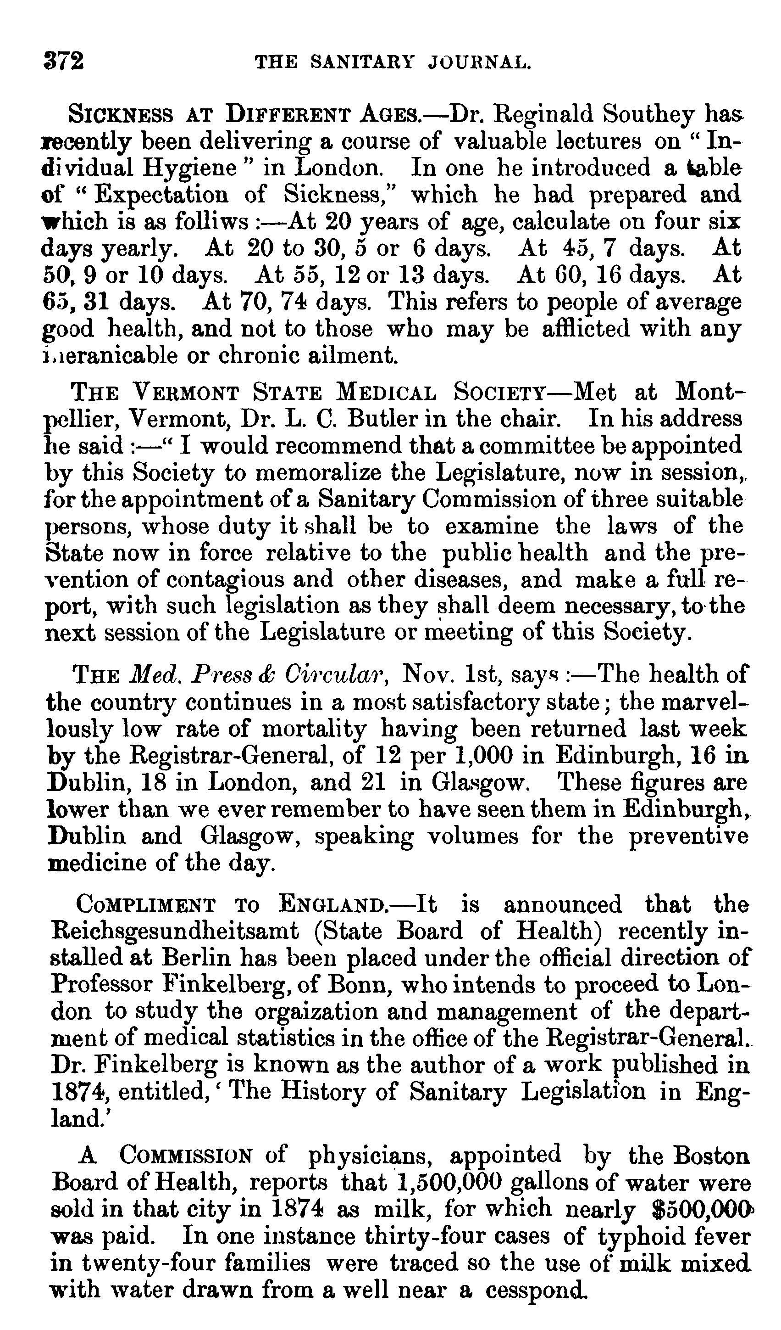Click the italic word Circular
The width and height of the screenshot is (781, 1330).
click(x=338, y=675)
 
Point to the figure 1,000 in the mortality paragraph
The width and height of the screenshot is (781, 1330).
click(x=482, y=755)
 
